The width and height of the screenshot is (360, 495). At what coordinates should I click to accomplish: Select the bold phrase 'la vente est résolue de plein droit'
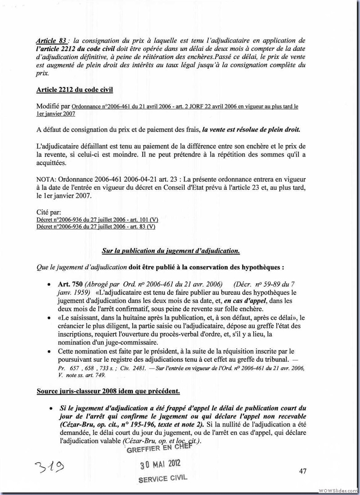coord(251,129)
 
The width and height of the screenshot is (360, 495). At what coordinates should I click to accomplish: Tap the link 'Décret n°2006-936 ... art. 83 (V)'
coord(95,226)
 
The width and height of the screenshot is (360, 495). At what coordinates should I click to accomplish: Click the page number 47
coord(302,471)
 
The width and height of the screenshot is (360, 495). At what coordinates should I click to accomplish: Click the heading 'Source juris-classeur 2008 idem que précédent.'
coord(108,391)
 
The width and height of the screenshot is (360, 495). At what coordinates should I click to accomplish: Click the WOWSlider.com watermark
coord(337,490)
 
